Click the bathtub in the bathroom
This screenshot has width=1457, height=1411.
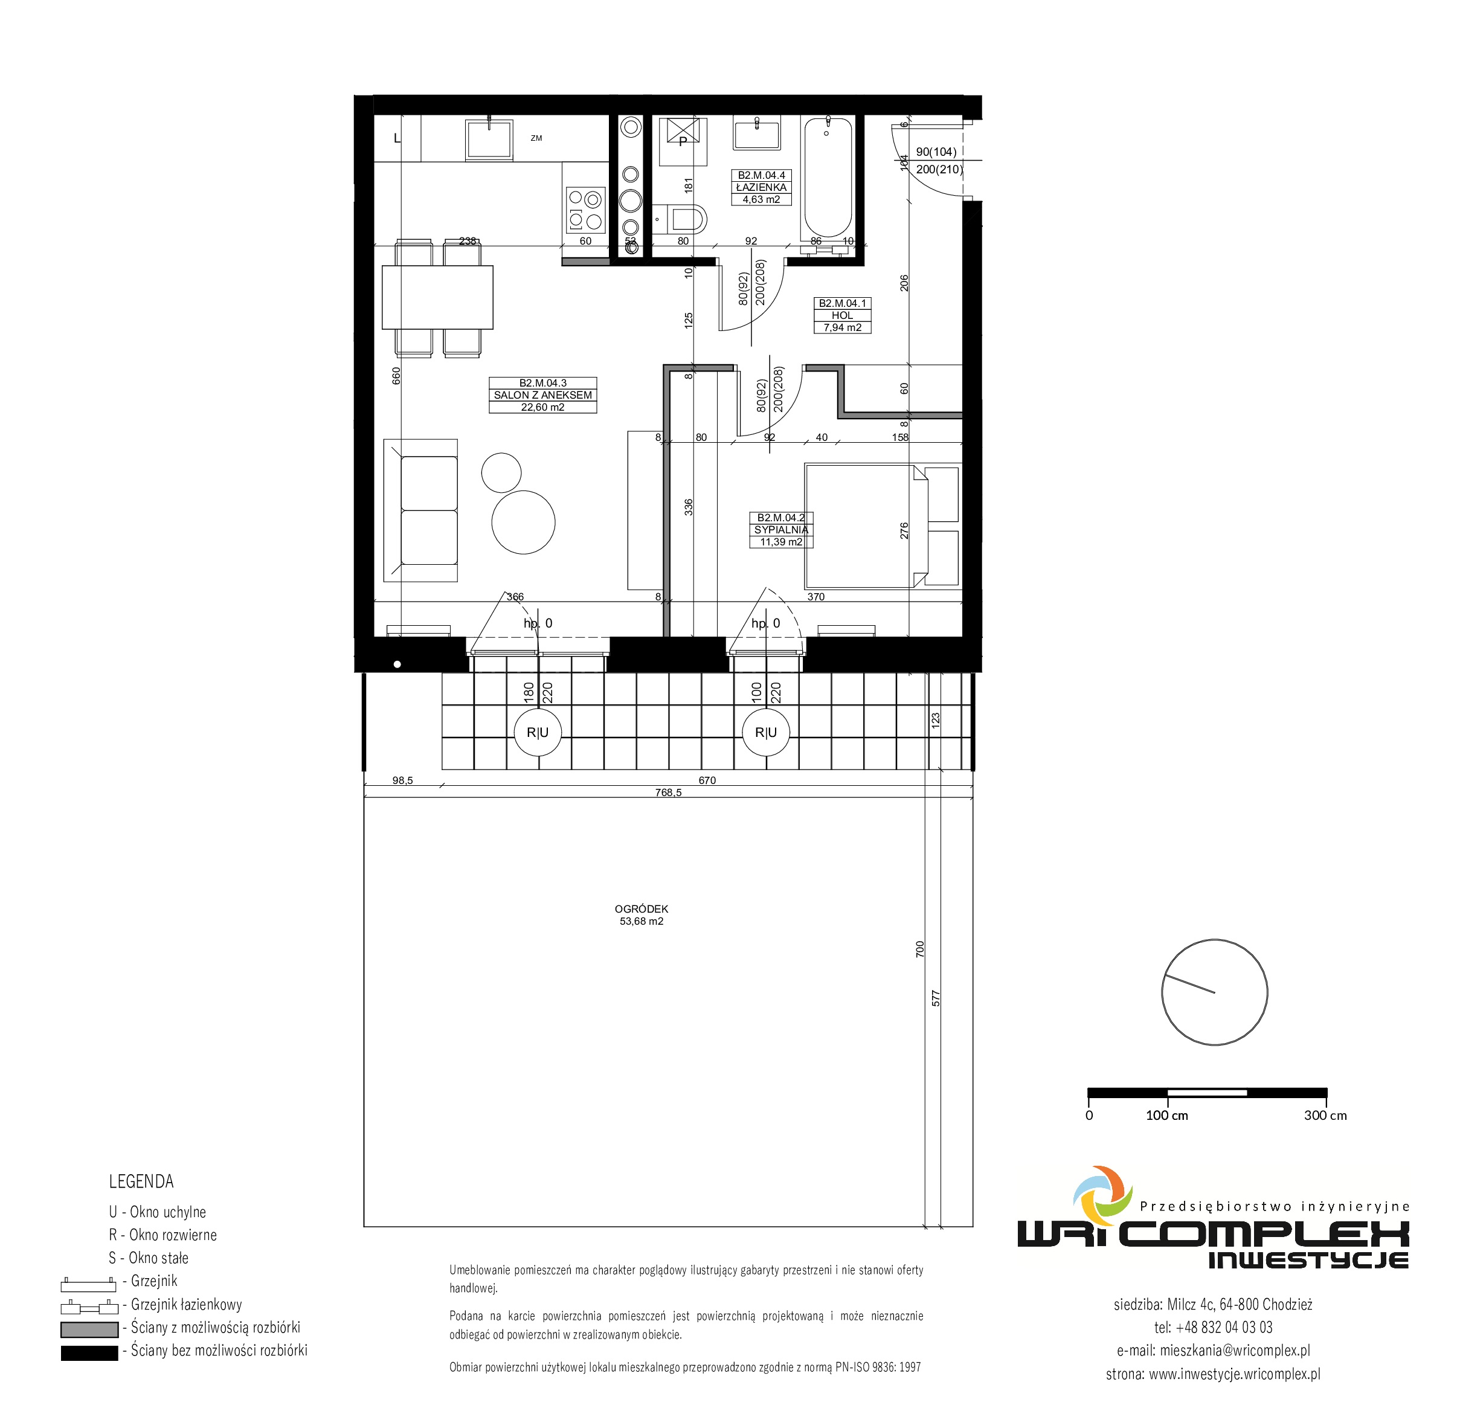[828, 178]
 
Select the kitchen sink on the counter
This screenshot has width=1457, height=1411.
[489, 139]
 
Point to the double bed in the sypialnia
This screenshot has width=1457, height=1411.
[866, 526]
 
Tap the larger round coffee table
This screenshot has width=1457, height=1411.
[523, 522]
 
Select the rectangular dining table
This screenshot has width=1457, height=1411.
[438, 297]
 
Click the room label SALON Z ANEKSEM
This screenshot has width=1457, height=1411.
[542, 396]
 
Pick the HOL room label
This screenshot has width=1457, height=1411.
[842, 316]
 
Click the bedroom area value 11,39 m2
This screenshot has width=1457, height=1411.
[780, 542]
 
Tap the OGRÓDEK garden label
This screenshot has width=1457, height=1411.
[642, 908]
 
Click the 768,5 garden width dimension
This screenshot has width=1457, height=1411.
[668, 792]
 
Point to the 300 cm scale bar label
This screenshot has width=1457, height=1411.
[1325, 1115]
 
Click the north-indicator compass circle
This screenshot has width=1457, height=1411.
[1215, 992]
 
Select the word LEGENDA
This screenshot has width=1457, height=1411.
[141, 1181]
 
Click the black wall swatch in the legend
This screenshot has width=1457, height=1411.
[89, 1353]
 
